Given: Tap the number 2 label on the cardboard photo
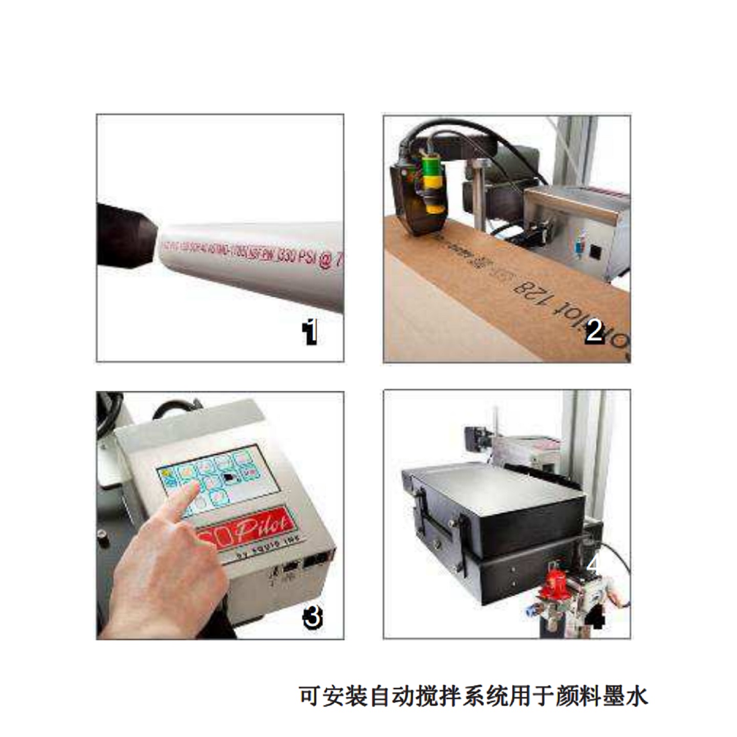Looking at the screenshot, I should click(x=594, y=331).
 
